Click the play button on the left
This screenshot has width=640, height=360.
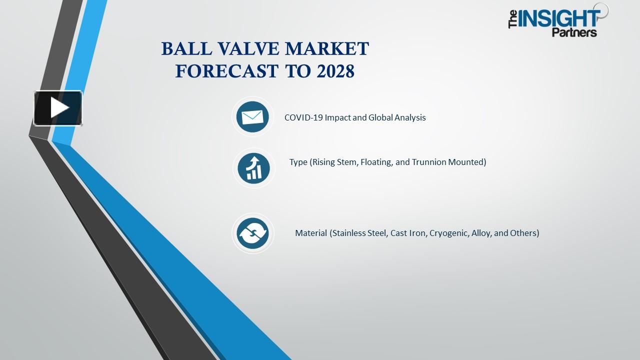tap(58, 108)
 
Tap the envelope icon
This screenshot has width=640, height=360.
tap(252, 117)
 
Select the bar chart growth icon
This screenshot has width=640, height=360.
tap(253, 167)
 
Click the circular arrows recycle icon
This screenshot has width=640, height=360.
tap(252, 233)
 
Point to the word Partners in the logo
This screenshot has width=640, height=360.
tap(574, 32)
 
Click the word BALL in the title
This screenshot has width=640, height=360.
tap(183, 49)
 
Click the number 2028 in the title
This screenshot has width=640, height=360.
tap(335, 71)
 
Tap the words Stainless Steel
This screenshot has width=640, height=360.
tap(359, 233)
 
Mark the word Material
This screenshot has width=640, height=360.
tap(311, 233)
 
